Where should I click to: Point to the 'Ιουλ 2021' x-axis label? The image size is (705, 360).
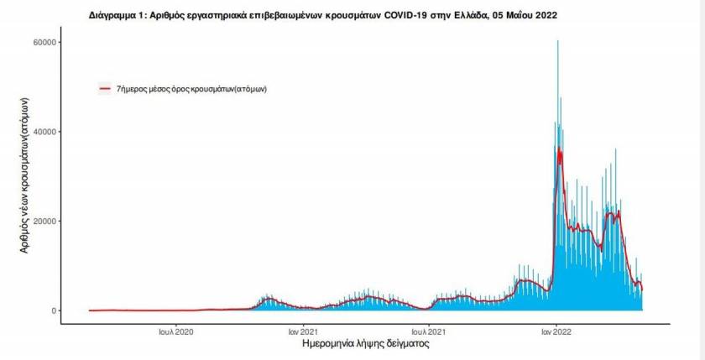click(428, 332)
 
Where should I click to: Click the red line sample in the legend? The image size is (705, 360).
click(106, 87)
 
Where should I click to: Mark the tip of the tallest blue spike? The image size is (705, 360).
click(557, 40)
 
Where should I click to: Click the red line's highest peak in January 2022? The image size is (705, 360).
click(559, 149)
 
